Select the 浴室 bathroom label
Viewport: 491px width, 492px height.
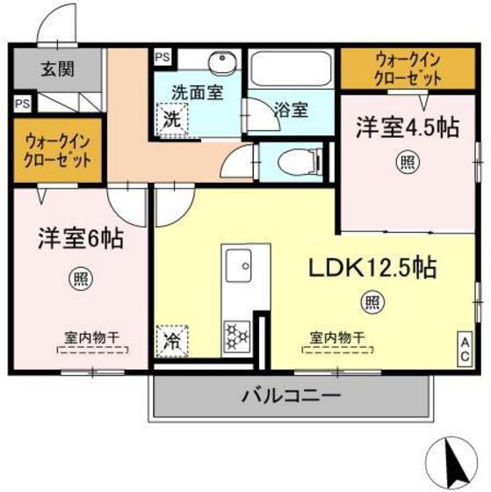(x=289, y=111)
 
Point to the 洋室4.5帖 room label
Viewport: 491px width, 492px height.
(x=406, y=128)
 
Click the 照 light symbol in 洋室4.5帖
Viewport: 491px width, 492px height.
(x=406, y=161)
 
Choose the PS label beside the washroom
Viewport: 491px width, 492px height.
(x=162, y=57)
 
